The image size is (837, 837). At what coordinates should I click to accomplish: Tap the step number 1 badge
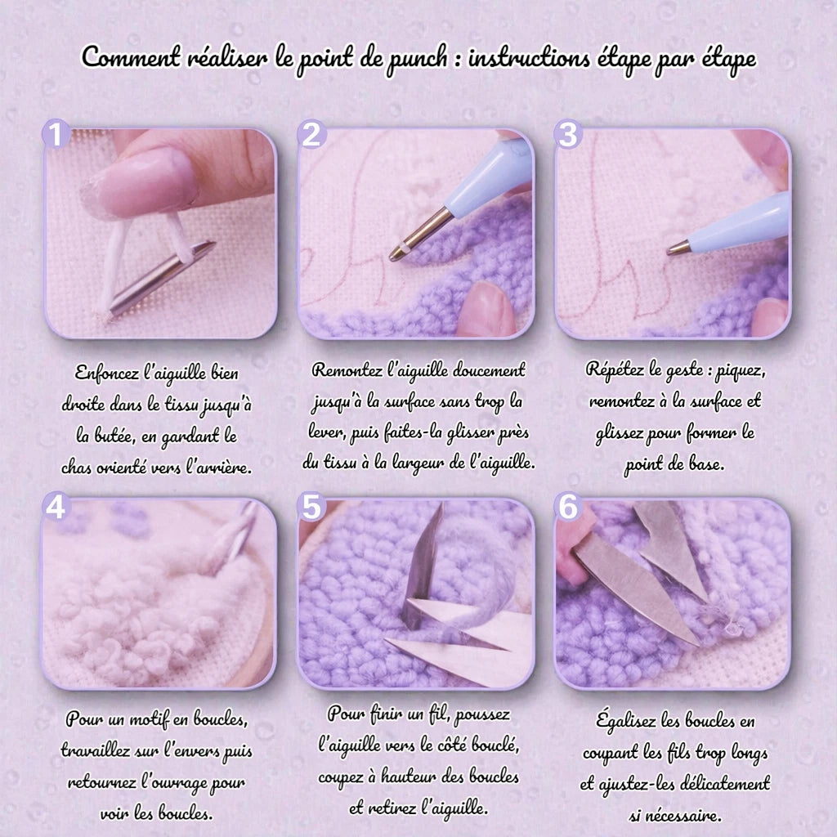click(x=56, y=133)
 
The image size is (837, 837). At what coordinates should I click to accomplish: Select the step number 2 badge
click(x=311, y=133)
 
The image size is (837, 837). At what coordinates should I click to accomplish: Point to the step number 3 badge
click(x=568, y=133)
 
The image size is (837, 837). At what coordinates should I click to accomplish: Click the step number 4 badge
click(x=56, y=507)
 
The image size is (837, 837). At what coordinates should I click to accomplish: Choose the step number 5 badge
click(x=311, y=507)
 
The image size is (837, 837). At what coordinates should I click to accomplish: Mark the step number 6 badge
click(x=568, y=507)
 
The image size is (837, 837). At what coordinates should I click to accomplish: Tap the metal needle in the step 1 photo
click(x=160, y=279)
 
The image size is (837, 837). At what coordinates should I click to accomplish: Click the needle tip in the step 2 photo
click(x=394, y=256)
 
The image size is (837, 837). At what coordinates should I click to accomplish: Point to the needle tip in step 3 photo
click(x=670, y=250)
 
